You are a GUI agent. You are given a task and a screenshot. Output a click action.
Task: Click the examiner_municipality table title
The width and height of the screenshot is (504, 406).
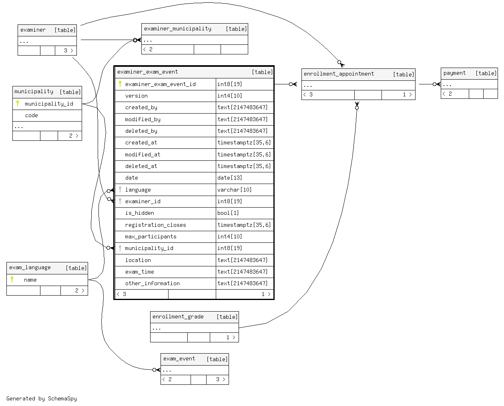(x=177, y=29)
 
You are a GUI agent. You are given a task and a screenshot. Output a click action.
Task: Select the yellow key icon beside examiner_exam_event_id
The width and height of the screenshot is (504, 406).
(x=120, y=84)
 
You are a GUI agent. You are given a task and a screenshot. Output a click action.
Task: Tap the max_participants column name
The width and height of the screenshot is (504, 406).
(x=151, y=236)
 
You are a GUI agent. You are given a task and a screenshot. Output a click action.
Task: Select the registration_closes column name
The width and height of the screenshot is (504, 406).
(x=155, y=225)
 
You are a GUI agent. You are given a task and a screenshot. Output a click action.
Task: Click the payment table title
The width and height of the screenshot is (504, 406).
(x=454, y=73)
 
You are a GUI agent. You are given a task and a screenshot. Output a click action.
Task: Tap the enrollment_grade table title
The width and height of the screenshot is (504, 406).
(x=178, y=317)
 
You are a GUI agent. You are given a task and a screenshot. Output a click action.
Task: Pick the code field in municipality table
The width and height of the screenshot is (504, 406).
(x=31, y=115)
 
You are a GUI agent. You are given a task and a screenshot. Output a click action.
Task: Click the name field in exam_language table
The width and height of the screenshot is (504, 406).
(x=30, y=280)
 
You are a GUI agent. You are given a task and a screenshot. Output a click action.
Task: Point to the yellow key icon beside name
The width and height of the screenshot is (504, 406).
(x=12, y=280)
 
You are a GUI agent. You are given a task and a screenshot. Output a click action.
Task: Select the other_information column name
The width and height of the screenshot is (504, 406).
(x=153, y=283)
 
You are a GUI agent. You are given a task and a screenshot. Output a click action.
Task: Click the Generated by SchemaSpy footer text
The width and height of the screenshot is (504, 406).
(x=42, y=398)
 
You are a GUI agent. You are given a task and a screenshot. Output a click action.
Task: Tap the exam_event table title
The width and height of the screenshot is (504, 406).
(x=179, y=359)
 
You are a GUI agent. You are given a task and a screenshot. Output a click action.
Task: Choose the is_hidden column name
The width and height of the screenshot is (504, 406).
(x=140, y=213)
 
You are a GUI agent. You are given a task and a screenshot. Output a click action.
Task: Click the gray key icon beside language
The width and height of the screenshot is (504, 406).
(x=120, y=189)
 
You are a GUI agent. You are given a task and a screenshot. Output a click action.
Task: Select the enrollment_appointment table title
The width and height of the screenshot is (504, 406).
(x=339, y=74)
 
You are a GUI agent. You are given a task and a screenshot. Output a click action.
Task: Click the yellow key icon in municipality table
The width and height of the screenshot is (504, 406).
(x=18, y=104)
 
